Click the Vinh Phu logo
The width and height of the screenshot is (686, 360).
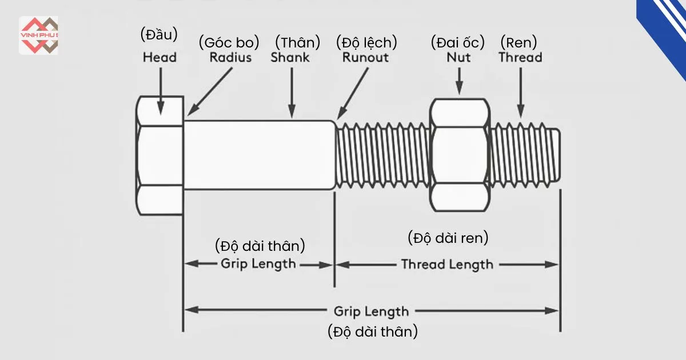click(38, 35)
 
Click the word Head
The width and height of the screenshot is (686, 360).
click(159, 57)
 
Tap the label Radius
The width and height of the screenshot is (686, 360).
click(230, 57)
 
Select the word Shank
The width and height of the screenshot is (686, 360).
click(290, 57)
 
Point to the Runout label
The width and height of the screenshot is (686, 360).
click(365, 57)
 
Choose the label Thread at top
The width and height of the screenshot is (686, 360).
click(520, 57)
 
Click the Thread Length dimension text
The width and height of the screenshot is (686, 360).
click(447, 264)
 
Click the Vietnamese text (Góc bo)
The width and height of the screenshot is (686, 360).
click(229, 42)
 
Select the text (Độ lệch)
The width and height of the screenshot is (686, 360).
click(366, 42)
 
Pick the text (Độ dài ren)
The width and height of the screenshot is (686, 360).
click(448, 238)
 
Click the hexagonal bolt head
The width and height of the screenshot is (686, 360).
click(160, 155)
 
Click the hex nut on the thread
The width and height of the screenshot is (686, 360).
click(460, 155)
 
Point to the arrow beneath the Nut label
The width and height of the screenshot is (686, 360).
click(458, 81)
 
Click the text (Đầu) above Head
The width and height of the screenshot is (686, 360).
click(159, 34)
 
